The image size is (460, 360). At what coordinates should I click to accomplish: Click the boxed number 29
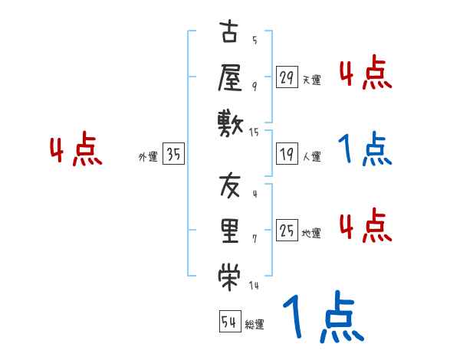coord(287,77)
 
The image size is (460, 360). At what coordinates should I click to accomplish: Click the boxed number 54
coord(229,322)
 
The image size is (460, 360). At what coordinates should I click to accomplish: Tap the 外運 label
coord(148,157)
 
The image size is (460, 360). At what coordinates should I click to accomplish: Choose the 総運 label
coord(255,325)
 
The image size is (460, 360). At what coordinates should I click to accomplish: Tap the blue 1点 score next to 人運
coord(365,150)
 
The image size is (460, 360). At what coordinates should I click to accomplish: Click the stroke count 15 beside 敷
coord(255,133)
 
